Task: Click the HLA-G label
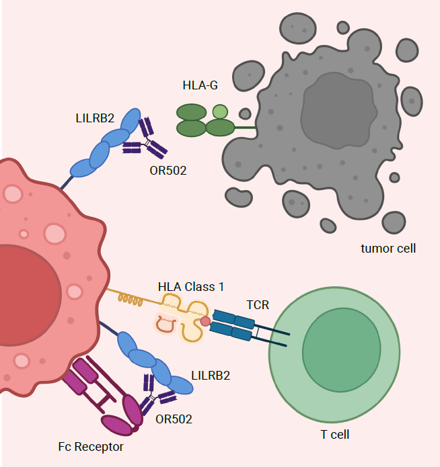pyautogui.click(x=200, y=85)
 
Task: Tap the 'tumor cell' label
pyautogui.click(x=388, y=248)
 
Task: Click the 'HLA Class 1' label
pyautogui.click(x=191, y=287)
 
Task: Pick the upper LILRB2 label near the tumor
pyautogui.click(x=95, y=118)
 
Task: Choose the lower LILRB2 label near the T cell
pyautogui.click(x=211, y=375)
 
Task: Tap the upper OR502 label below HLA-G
pyautogui.click(x=168, y=170)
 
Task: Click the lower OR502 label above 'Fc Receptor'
pyautogui.click(x=174, y=419)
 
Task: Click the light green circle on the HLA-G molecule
pyautogui.click(x=220, y=112)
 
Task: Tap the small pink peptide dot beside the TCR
pyautogui.click(x=206, y=321)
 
